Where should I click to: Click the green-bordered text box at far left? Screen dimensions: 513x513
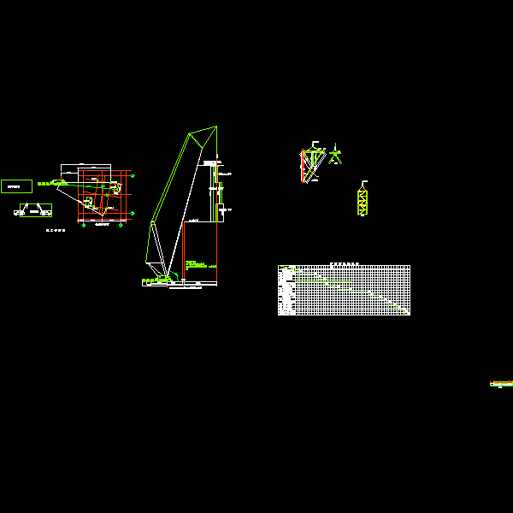[x=16, y=186]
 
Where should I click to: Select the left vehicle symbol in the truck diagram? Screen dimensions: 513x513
[x=19, y=213]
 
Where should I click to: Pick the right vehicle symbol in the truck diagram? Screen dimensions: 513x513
[x=45, y=213]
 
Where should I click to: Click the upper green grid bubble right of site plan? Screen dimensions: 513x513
[x=133, y=175]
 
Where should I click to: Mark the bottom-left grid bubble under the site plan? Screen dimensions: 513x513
[x=83, y=225]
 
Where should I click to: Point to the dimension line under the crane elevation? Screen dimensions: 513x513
[x=180, y=286]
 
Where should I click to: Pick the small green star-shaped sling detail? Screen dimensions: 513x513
[x=335, y=156]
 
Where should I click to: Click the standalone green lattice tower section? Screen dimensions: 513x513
[x=363, y=203]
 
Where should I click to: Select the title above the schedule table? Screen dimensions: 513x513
[x=344, y=263]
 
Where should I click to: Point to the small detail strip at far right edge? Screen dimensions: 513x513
[x=501, y=384]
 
